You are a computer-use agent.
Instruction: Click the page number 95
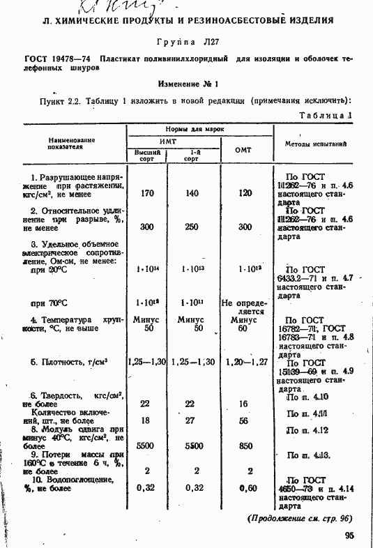[349, 535]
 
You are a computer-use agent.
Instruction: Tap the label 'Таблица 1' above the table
[326, 115]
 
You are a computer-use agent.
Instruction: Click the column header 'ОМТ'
[243, 150]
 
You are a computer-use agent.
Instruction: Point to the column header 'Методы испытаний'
[316, 143]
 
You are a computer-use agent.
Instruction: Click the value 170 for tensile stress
[146, 193]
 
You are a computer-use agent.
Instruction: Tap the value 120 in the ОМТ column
[245, 193]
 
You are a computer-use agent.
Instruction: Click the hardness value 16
[244, 404]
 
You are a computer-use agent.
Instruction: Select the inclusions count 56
[244, 421]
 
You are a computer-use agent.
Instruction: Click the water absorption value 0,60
[244, 488]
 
